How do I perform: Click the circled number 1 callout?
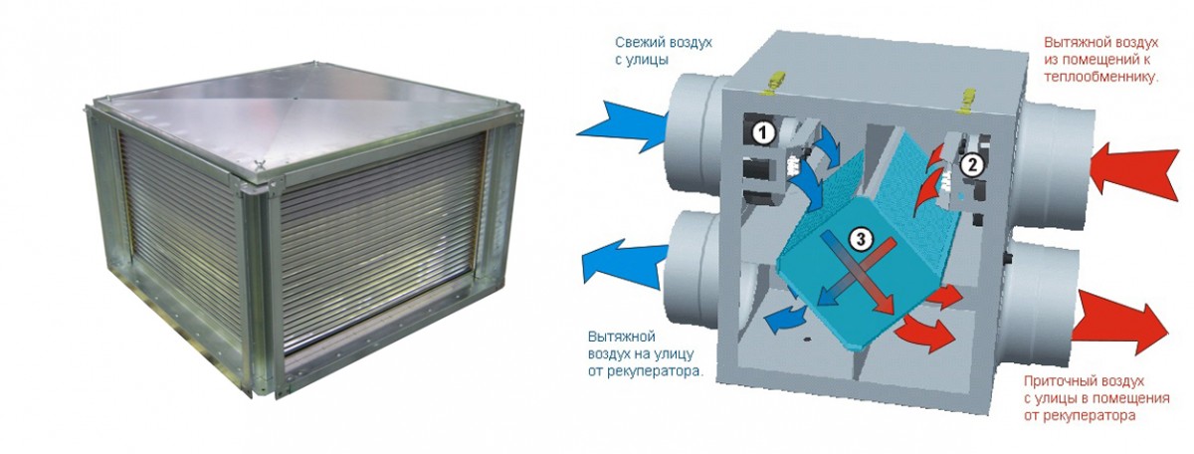pos(763,132)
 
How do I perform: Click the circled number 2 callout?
pos(972,165)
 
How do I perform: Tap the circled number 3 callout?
pos(861,240)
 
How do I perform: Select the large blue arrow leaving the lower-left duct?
pos(624,263)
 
